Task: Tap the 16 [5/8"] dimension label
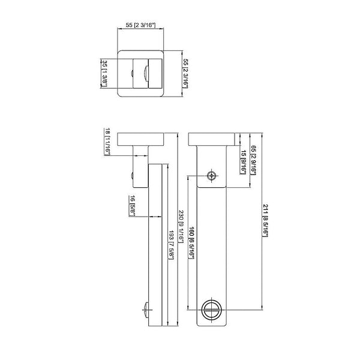[132, 206]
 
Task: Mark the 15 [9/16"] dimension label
[244, 162]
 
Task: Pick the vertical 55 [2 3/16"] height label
[185, 73]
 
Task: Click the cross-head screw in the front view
[211, 176]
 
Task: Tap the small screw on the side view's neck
[131, 176]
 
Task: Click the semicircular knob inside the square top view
[146, 73]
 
